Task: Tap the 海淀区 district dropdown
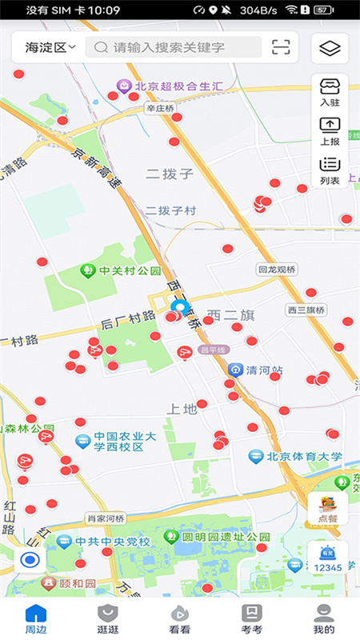pyautogui.click(x=50, y=47)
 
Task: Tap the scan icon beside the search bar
pyautogui.click(x=281, y=47)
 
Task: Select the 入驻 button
pyautogui.click(x=330, y=92)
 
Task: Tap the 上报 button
pyautogui.click(x=330, y=131)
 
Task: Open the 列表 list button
pyautogui.click(x=330, y=170)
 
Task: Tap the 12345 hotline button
pyautogui.click(x=327, y=558)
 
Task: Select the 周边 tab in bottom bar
pyautogui.click(x=36, y=618)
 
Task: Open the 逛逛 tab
pyautogui.click(x=108, y=618)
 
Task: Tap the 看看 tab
pyautogui.click(x=180, y=618)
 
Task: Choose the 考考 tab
pyautogui.click(x=252, y=618)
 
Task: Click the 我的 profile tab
pyautogui.click(x=324, y=618)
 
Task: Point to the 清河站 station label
pyautogui.click(x=256, y=370)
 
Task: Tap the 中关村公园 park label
pyautogui.click(x=124, y=270)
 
